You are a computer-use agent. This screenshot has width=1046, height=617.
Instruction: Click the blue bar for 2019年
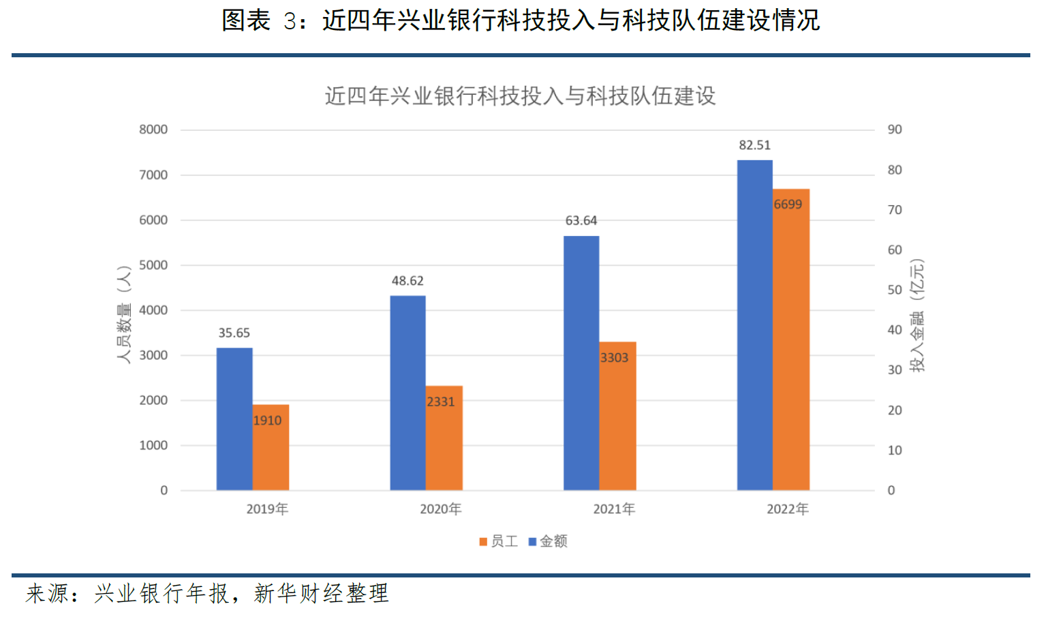pos(234,419)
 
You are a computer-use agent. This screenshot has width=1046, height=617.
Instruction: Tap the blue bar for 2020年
pos(407,393)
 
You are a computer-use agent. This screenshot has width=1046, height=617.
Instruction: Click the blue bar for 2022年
pos(755,325)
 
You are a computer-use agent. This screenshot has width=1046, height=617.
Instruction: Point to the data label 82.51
pos(754,145)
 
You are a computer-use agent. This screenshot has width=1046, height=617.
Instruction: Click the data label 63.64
pos(581,221)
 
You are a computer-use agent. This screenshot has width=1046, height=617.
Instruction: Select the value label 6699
pos(788,205)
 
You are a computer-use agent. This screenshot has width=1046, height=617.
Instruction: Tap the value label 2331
pos(440,402)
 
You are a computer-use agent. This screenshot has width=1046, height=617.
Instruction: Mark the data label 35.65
pos(234,333)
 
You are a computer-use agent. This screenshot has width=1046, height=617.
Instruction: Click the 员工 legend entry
pos(499,541)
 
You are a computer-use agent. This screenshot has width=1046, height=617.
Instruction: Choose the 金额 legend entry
pos(548,541)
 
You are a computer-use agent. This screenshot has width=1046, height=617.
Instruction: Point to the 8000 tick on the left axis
pos(153,130)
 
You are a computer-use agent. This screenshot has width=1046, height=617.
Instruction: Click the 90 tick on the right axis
pos(894,130)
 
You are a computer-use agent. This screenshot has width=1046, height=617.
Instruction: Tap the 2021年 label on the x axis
pos(614,509)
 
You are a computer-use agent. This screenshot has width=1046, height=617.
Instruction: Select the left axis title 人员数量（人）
pos(123,314)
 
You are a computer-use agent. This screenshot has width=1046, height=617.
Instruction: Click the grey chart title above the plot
pos(520,96)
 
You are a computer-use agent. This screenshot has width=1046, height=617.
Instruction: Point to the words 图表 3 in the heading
pos(259,20)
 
